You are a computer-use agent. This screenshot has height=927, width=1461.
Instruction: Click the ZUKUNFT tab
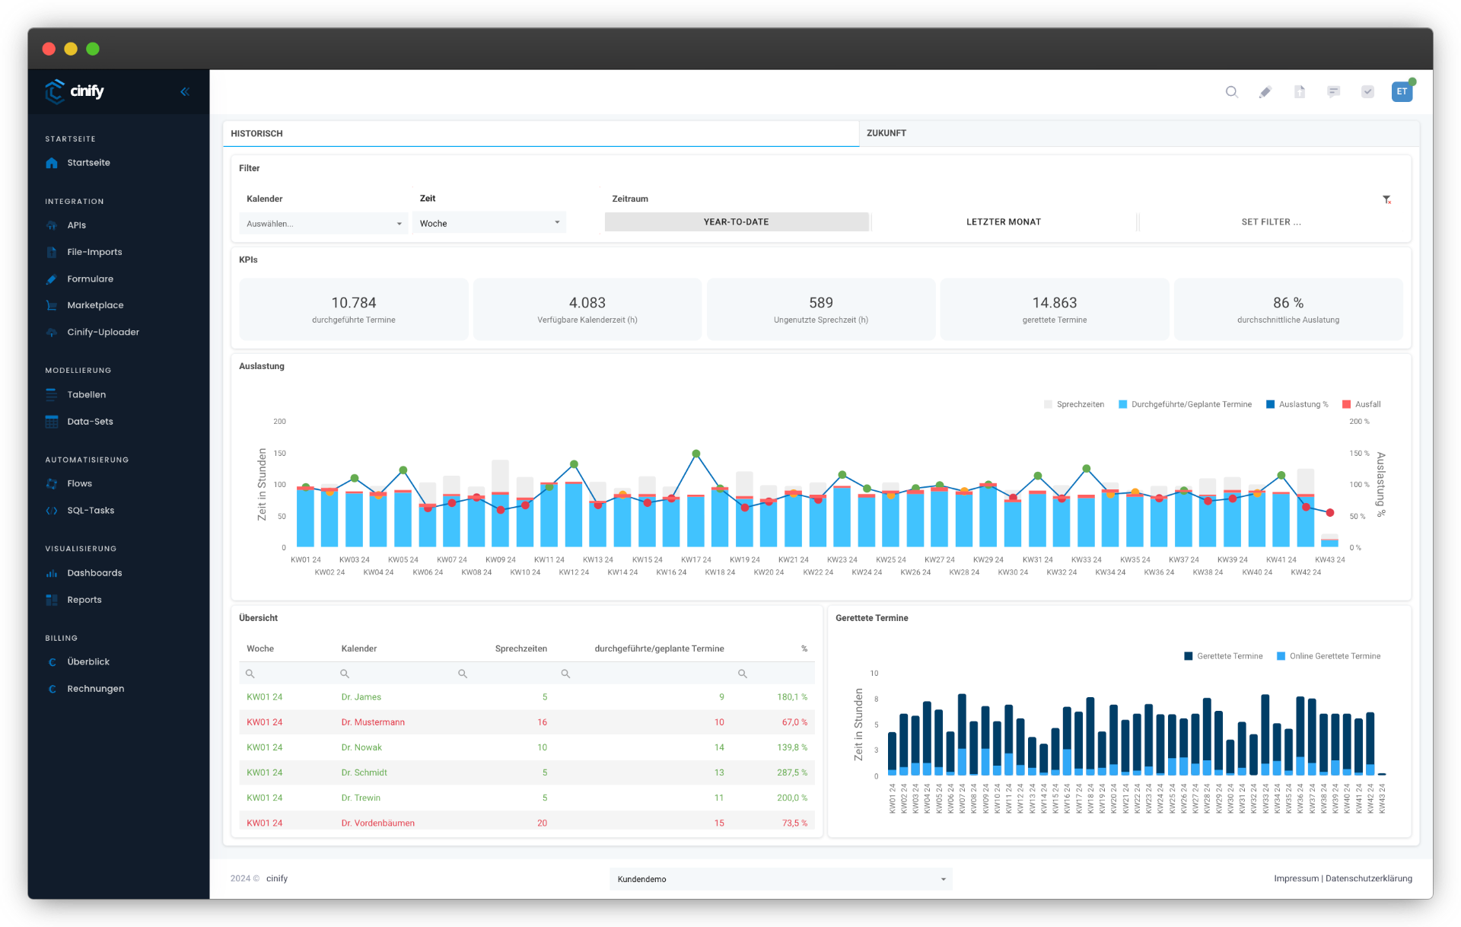click(886, 133)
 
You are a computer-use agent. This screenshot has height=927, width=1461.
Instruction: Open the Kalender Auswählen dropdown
click(323, 224)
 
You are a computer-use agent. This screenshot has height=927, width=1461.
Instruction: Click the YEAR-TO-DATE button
click(736, 222)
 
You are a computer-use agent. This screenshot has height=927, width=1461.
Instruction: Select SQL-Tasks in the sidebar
click(91, 511)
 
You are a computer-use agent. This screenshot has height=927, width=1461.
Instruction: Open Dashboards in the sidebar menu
click(94, 573)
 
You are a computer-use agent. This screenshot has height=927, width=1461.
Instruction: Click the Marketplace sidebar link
click(95, 305)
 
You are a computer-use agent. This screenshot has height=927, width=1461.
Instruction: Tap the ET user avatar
click(1401, 92)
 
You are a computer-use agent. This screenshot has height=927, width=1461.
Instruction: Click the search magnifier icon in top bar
click(1231, 92)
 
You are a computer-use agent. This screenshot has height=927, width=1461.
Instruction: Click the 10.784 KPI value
click(353, 303)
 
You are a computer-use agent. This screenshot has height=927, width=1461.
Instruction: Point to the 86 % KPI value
click(1288, 303)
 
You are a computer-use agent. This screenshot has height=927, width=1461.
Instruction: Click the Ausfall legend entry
click(1367, 405)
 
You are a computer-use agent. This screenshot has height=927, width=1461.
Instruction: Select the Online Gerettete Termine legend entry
click(1334, 656)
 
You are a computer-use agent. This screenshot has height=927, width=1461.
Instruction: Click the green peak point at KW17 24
click(695, 454)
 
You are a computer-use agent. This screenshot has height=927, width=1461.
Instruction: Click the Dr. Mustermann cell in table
click(373, 722)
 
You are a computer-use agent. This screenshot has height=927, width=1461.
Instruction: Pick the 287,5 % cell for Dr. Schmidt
click(791, 772)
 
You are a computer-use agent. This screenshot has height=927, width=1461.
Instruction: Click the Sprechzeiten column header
click(520, 649)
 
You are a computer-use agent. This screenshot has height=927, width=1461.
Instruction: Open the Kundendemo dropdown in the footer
click(780, 879)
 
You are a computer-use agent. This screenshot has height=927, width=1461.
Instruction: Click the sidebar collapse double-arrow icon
click(184, 92)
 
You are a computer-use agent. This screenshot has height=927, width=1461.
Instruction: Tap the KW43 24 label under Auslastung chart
click(1329, 560)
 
